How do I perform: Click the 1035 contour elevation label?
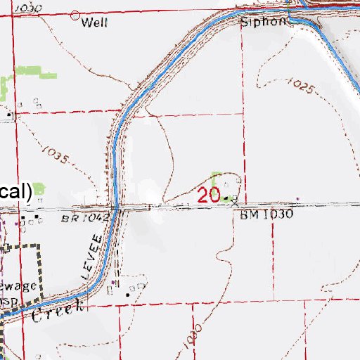click(55, 154)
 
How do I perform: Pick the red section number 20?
click(209, 195)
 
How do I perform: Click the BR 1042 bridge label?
click(86, 218)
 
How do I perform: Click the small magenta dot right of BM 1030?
click(297, 198)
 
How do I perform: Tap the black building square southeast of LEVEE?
click(128, 295)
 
